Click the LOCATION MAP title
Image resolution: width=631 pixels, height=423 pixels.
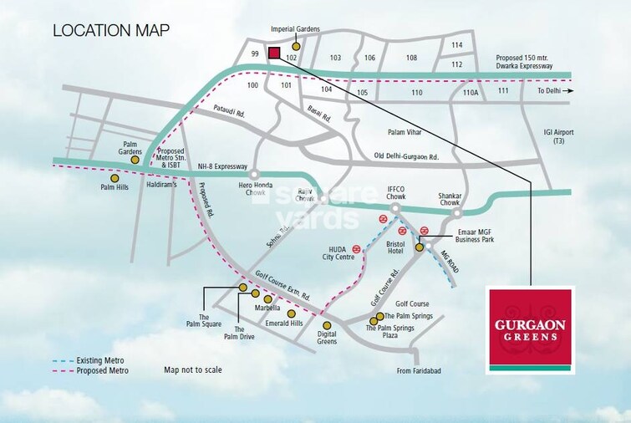click(x=111, y=31)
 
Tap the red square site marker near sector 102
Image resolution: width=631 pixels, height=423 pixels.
click(x=273, y=53)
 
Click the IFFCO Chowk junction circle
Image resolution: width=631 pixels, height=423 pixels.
click(x=396, y=206)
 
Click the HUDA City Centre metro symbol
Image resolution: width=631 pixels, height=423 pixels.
click(x=357, y=248)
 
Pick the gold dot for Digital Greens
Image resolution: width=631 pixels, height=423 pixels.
click(x=327, y=325)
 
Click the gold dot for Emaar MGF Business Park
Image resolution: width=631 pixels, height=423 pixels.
click(x=420, y=247)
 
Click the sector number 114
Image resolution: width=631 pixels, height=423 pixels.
click(x=457, y=45)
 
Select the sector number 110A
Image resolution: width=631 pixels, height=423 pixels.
click(x=471, y=93)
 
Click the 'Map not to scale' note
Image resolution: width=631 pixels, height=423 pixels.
click(x=194, y=369)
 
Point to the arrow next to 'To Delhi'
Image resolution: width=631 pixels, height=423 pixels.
click(x=569, y=90)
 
